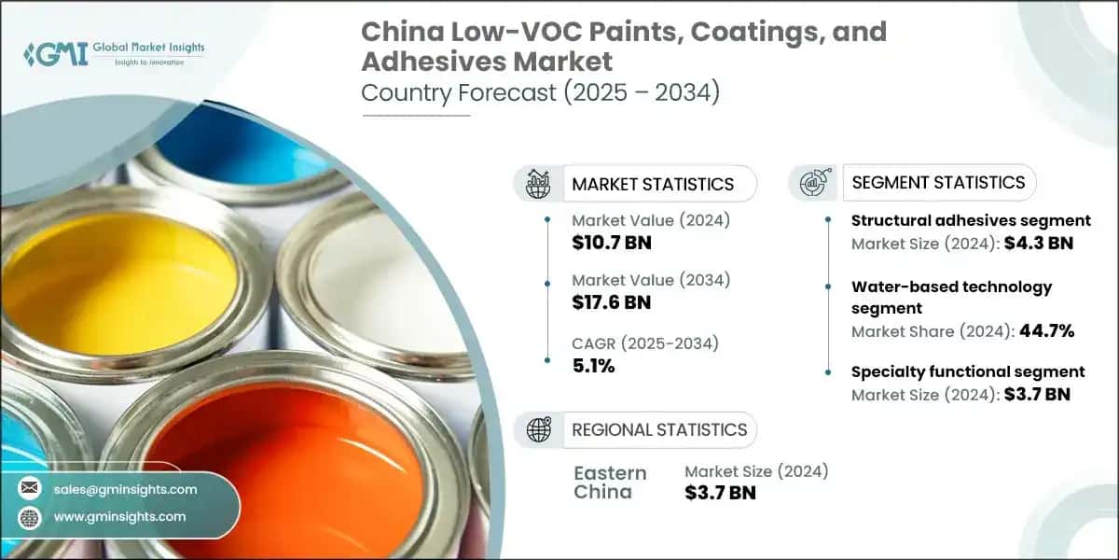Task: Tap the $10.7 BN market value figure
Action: click(x=612, y=244)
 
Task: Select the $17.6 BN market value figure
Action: click(x=612, y=301)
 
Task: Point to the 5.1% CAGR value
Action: click(x=593, y=366)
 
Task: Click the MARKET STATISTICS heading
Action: click(x=653, y=184)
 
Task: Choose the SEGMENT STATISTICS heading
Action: click(x=938, y=182)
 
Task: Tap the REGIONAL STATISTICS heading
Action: click(x=659, y=430)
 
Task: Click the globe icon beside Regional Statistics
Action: click(x=538, y=430)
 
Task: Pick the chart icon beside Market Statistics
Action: click(x=538, y=183)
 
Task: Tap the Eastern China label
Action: click(x=609, y=482)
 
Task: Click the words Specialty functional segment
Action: click(x=968, y=371)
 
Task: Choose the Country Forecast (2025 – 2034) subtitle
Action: click(x=540, y=93)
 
